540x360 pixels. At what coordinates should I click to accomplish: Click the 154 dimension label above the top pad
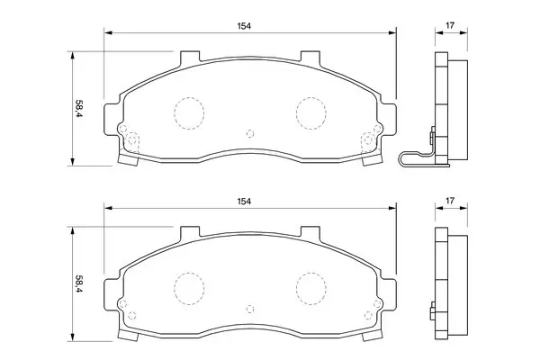tap(244, 26)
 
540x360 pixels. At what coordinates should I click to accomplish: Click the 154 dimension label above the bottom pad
tap(244, 202)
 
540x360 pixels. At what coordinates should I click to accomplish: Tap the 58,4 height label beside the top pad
tap(79, 109)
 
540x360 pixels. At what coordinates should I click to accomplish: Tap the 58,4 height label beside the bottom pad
tap(79, 283)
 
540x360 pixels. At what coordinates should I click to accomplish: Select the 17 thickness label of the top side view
tap(450, 25)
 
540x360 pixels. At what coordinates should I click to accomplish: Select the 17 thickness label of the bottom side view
tap(450, 201)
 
